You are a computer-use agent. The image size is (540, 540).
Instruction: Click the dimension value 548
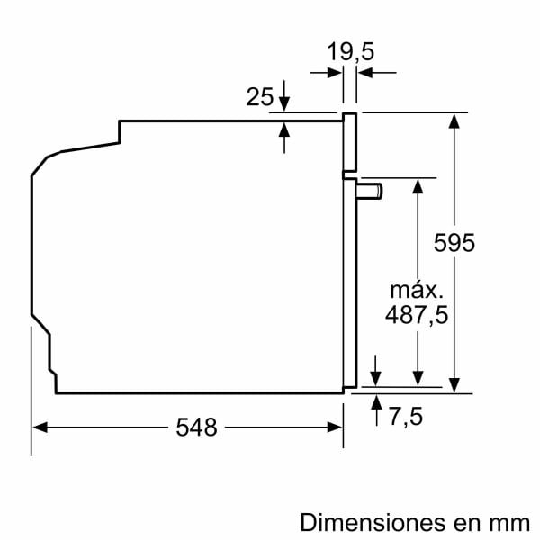pos(196,428)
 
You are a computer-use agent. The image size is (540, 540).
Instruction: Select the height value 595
pos(453,243)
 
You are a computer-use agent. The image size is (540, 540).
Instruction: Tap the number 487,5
pos(416,315)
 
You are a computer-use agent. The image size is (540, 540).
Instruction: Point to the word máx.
pos(416,291)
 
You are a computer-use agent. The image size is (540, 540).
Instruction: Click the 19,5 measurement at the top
pos(350,52)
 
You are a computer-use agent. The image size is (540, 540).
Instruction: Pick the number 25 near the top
pos(259,97)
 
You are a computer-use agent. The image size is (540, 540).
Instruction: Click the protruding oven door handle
pos(370,190)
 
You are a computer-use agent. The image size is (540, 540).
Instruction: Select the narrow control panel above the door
pos(349,142)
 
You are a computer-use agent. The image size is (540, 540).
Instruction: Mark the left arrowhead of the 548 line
pos(39,428)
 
